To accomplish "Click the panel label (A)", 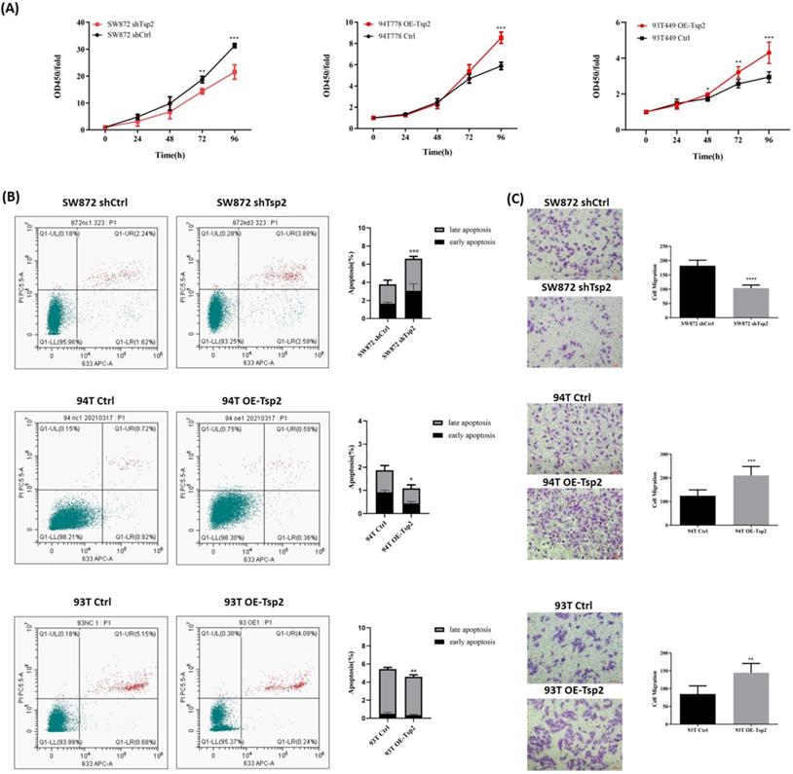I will (x=13, y=8).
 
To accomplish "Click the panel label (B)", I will (x=13, y=195).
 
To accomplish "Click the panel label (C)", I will (x=517, y=195).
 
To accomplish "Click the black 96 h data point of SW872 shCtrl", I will (x=234, y=46).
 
